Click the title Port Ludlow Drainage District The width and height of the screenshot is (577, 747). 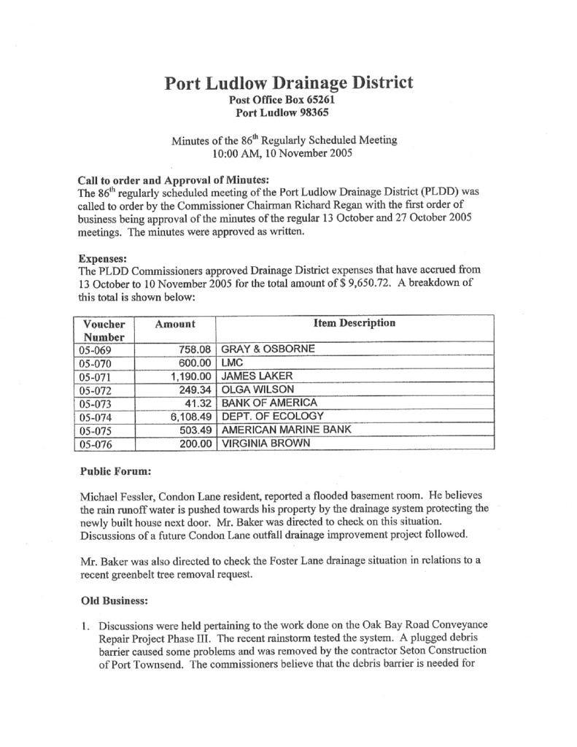point(289,82)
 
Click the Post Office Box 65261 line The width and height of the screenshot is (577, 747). point(287,100)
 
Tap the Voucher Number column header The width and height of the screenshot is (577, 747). point(104,330)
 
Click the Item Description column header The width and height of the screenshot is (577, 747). point(355,323)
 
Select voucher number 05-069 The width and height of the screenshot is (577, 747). point(93,350)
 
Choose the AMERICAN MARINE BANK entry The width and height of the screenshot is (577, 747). point(286,430)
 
